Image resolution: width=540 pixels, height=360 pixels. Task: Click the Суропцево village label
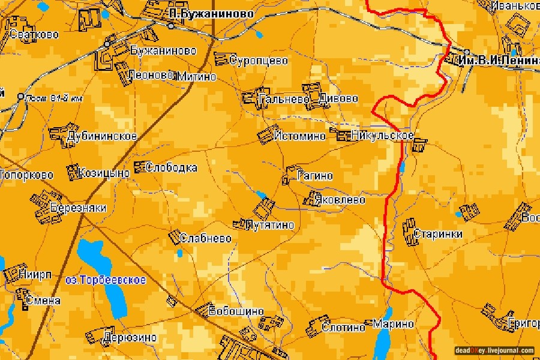(x=258, y=61)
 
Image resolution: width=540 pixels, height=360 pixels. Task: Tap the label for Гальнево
(x=280, y=98)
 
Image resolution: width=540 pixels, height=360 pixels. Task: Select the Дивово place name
(x=338, y=98)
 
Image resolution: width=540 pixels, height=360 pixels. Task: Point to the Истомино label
(x=299, y=136)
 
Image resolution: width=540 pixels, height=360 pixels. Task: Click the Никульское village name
(x=383, y=135)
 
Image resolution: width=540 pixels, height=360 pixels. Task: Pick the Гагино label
(x=315, y=176)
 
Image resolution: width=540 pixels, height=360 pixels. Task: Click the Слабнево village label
(x=206, y=238)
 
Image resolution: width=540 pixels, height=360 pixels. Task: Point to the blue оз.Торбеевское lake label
(x=105, y=280)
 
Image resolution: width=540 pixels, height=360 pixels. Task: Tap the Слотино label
(x=343, y=327)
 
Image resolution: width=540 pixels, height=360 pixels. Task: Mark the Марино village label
(x=394, y=324)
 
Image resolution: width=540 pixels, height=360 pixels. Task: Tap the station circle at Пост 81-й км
(x=20, y=96)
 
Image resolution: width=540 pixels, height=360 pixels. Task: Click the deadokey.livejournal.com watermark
(x=494, y=350)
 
